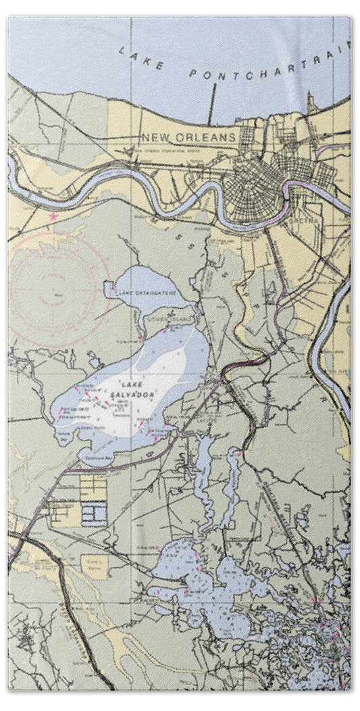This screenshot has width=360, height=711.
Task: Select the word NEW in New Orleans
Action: pos(153,137)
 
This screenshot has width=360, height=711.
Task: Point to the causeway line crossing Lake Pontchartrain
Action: pos(212,104)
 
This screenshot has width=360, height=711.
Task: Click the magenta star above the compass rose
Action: pos(53,218)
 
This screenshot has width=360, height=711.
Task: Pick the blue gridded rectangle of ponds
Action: pos(95,516)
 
